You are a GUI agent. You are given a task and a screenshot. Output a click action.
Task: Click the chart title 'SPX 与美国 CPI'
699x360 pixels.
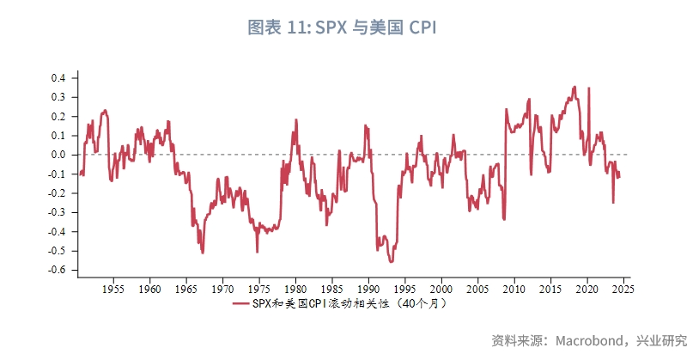click(377, 27)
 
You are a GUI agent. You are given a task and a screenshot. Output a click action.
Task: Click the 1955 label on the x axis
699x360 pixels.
click(113, 289)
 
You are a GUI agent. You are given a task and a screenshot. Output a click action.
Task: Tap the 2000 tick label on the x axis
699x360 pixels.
click(441, 289)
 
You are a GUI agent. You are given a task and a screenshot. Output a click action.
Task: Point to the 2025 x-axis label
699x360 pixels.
click(623, 289)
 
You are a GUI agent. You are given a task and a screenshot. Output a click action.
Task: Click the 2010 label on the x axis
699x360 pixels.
click(514, 289)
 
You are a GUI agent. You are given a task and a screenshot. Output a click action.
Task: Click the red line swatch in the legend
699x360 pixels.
click(240, 303)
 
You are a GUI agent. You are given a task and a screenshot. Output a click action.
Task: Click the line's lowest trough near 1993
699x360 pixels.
click(391, 261)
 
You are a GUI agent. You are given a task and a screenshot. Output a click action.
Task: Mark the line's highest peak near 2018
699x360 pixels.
click(574, 87)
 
